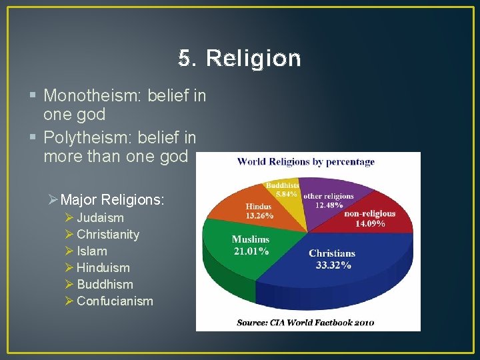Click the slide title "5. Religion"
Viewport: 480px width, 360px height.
pos(239,59)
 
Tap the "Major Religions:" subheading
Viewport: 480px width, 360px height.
pos(112,199)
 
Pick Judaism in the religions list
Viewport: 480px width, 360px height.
pos(100,217)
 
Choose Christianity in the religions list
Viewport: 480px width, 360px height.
pos(108,234)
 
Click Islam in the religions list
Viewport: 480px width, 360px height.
pos(91,251)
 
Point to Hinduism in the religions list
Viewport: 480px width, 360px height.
pos(103,267)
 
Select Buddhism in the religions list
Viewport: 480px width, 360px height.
pos(105,284)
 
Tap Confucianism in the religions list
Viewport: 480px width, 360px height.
pos(115,301)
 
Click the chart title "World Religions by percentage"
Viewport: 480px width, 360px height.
pos(306,161)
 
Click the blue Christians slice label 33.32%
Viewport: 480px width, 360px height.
pos(331,259)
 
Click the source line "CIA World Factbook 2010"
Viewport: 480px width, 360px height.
pos(305,323)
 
